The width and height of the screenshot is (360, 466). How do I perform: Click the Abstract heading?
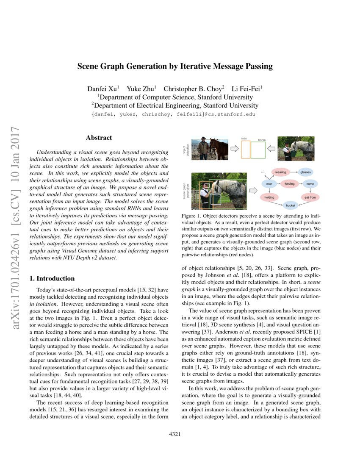pos(99,138)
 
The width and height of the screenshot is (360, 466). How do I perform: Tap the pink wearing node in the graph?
pos(280,172)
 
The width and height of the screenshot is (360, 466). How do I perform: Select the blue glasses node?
pos(305,172)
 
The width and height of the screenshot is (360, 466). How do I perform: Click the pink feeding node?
pos(289,184)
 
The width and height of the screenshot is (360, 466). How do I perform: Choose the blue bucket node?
pos(291,205)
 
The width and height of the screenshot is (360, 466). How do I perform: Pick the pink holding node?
pos(269,197)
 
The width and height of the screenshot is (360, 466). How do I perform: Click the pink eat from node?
pos(310,197)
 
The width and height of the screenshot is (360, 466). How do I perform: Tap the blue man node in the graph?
pos(269,184)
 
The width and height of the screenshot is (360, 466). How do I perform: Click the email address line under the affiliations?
pos(174,114)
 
